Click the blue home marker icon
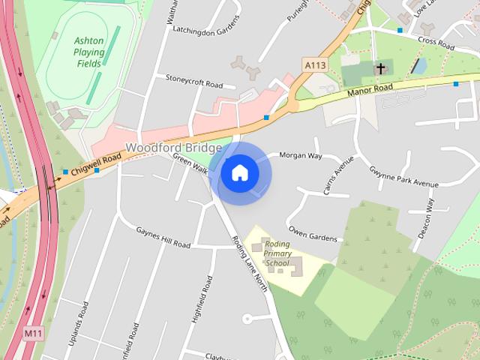pos(240,173)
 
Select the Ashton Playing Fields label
pos(89,52)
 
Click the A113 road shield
pos(314,66)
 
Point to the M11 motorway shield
pos(31,333)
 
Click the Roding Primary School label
pos(277,253)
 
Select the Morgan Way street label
pos(300,156)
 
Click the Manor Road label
pos(370,91)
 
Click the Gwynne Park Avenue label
pos(403,178)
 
